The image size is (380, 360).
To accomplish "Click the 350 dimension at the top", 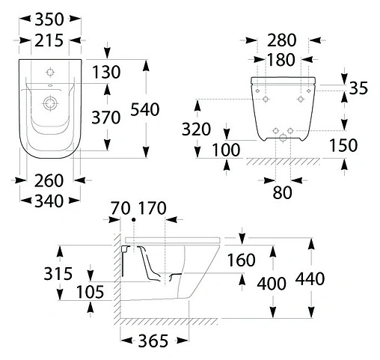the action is pyautogui.click(x=49, y=19).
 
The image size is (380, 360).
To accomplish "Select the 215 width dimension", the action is pyautogui.click(x=49, y=40).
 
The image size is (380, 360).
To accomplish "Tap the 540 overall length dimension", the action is pyautogui.click(x=145, y=109).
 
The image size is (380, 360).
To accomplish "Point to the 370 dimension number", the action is pyautogui.click(x=106, y=118).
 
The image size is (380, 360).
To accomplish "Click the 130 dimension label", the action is pyautogui.click(x=106, y=72).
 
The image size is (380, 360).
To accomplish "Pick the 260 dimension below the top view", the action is pyautogui.click(x=49, y=181).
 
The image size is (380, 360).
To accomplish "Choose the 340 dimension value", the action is pyautogui.click(x=49, y=201).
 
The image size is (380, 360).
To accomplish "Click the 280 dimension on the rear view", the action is pyautogui.click(x=282, y=40).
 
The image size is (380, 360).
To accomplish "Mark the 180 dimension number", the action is pyautogui.click(x=281, y=60).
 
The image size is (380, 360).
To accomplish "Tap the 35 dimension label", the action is pyautogui.click(x=358, y=88).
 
